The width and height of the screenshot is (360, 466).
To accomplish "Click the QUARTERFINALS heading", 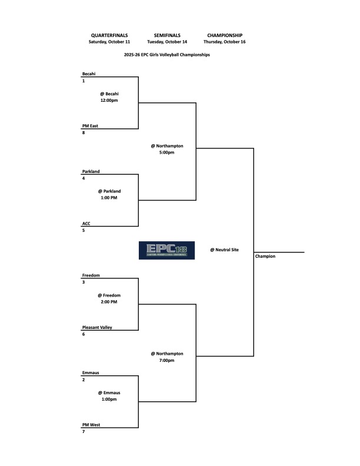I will [109, 35].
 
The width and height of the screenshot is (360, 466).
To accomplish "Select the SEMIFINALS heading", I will [167, 35].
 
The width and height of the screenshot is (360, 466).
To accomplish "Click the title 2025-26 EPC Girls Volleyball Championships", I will [167, 55].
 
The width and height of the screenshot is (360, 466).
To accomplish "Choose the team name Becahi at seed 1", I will [89, 74].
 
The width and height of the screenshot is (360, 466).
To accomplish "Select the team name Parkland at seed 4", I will [91, 171].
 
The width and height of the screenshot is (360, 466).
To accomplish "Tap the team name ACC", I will [87, 224].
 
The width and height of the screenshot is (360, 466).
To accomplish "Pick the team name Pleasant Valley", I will [98, 327].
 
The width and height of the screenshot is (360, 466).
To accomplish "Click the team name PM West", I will [92, 425].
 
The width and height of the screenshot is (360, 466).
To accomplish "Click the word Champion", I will [265, 257].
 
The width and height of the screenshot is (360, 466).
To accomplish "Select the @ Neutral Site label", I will [224, 250].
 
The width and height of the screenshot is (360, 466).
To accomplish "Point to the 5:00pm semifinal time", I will [166, 152].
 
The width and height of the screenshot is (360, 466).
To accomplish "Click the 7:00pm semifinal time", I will [166, 360].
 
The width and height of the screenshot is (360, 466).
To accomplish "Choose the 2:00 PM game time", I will [109, 301].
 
